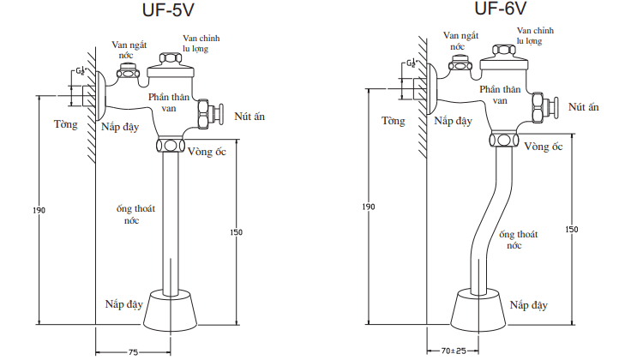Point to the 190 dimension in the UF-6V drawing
click(369, 207)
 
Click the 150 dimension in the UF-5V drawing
click(237, 231)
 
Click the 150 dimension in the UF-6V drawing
click(573, 229)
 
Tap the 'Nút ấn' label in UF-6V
click(583, 106)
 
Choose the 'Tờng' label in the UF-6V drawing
click(394, 121)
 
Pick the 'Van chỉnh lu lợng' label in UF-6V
click(528, 35)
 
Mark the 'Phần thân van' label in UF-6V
click(501, 95)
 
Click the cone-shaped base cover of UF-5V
click(170, 311)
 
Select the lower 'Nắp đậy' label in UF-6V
click(529, 304)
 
